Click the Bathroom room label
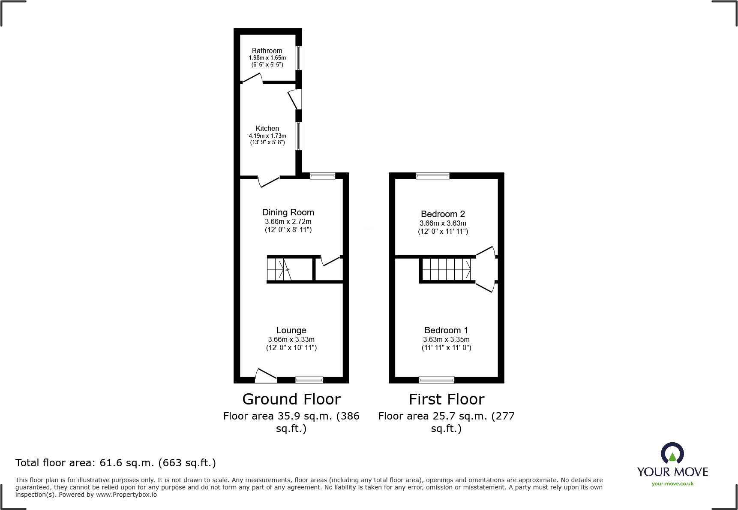point(267,51)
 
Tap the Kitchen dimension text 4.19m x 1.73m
point(267,136)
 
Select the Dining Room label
point(288,212)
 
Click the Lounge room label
point(291,330)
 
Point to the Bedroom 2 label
point(443,214)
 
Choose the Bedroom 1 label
point(446,330)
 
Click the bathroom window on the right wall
point(299,58)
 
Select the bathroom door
point(252,78)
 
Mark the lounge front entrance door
point(265,376)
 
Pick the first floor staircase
point(447,269)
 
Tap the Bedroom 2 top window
point(432,175)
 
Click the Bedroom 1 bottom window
point(436,380)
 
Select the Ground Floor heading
point(291,399)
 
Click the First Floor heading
point(446,399)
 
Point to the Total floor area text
point(116,463)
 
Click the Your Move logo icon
point(672,453)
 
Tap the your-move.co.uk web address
point(672,484)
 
